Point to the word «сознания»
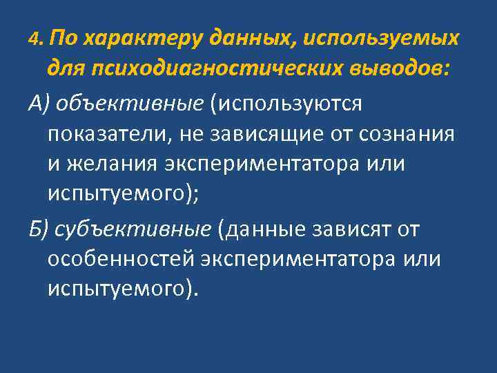coord(407,134)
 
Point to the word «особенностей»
coord(121,260)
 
